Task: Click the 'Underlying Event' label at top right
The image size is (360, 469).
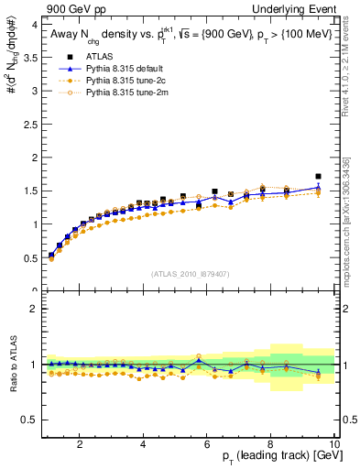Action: (x=295, y=9)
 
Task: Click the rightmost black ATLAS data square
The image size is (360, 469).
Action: (x=318, y=176)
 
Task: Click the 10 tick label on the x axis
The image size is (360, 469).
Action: (x=334, y=444)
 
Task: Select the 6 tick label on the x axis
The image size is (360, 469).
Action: (x=207, y=444)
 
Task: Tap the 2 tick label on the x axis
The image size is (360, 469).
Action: (x=80, y=444)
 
